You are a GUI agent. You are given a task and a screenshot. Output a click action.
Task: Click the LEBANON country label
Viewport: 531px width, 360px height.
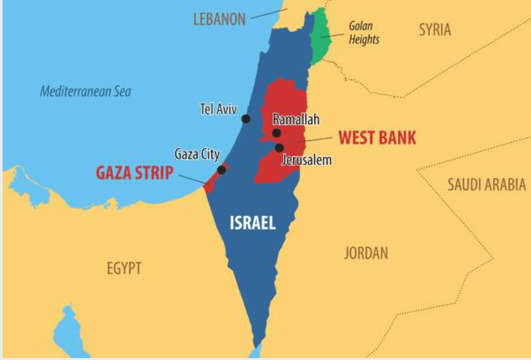pyautogui.click(x=219, y=19)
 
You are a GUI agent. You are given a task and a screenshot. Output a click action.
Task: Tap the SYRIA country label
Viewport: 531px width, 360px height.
pyautogui.click(x=435, y=30)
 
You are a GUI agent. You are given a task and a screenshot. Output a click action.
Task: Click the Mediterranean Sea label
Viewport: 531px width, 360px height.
pyautogui.click(x=85, y=91)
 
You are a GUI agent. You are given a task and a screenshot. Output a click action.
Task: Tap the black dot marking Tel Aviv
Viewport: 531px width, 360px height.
pyautogui.click(x=246, y=118)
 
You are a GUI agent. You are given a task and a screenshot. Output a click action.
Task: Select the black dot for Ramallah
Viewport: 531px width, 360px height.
pyautogui.click(x=276, y=133)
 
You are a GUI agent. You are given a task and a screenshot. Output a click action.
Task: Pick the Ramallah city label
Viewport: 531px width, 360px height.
pyautogui.click(x=296, y=120)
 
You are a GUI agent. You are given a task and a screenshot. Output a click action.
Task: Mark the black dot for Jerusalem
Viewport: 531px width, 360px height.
pyautogui.click(x=279, y=148)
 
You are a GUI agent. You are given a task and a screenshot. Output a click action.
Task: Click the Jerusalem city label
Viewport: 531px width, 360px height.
pyautogui.click(x=307, y=160)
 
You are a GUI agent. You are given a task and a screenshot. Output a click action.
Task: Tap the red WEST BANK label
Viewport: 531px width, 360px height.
pyautogui.click(x=377, y=138)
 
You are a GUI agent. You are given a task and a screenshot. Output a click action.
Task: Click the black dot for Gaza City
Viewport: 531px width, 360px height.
pyautogui.click(x=222, y=170)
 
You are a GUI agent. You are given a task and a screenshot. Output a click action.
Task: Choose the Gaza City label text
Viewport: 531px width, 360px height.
pyautogui.click(x=197, y=154)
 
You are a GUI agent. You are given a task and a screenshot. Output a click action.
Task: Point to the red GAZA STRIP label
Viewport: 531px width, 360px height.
pyautogui.click(x=134, y=173)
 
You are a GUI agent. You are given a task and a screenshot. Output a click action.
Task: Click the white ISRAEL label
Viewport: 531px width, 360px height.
pyautogui.click(x=253, y=223)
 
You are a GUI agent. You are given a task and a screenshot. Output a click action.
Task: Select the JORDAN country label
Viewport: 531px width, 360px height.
pyautogui.click(x=366, y=253)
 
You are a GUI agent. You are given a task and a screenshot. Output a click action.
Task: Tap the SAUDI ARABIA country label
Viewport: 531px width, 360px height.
pyautogui.click(x=487, y=185)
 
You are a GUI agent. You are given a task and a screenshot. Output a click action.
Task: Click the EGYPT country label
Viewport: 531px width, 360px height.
pyautogui.click(x=124, y=268)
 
